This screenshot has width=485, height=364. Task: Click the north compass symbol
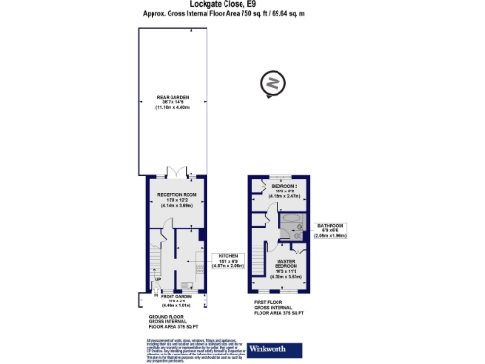pos(273,83)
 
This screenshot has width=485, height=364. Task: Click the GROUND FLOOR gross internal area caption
pos(167,319)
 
